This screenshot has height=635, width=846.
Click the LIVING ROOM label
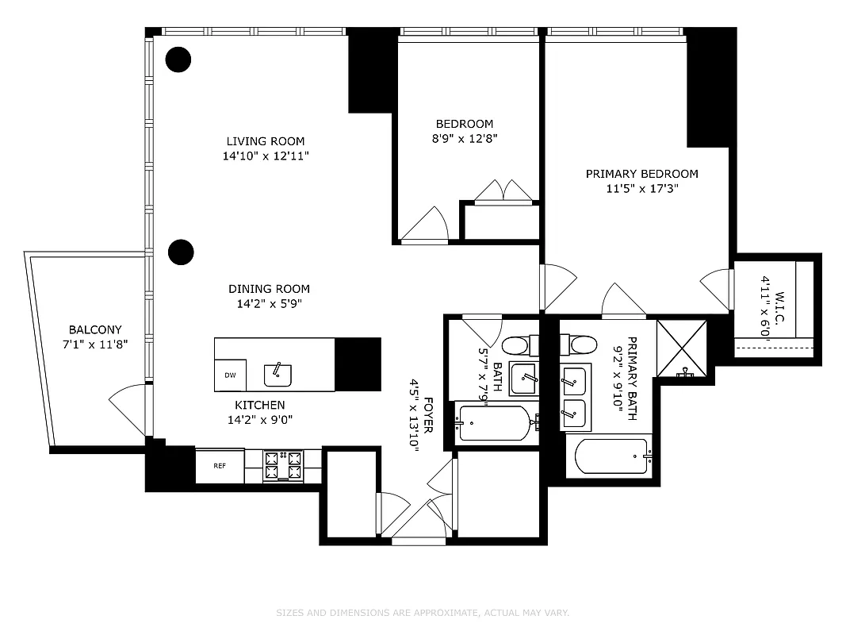[x=266, y=142]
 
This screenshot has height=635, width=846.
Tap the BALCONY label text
[x=95, y=329]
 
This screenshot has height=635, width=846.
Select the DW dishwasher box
[x=230, y=375]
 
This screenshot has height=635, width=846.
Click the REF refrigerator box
[x=220, y=466]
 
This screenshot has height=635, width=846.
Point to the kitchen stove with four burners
[x=283, y=467]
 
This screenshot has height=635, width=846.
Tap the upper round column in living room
[x=178, y=59]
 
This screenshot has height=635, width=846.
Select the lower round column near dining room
[x=182, y=252]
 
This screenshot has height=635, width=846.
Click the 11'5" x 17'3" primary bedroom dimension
[x=641, y=189]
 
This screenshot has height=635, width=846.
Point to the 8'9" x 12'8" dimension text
[x=465, y=138]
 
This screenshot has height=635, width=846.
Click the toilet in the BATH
[x=516, y=346]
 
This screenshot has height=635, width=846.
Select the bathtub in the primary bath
[x=611, y=456]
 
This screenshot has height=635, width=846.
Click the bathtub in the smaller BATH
[x=494, y=423]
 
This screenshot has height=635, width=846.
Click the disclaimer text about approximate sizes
[x=423, y=613]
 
